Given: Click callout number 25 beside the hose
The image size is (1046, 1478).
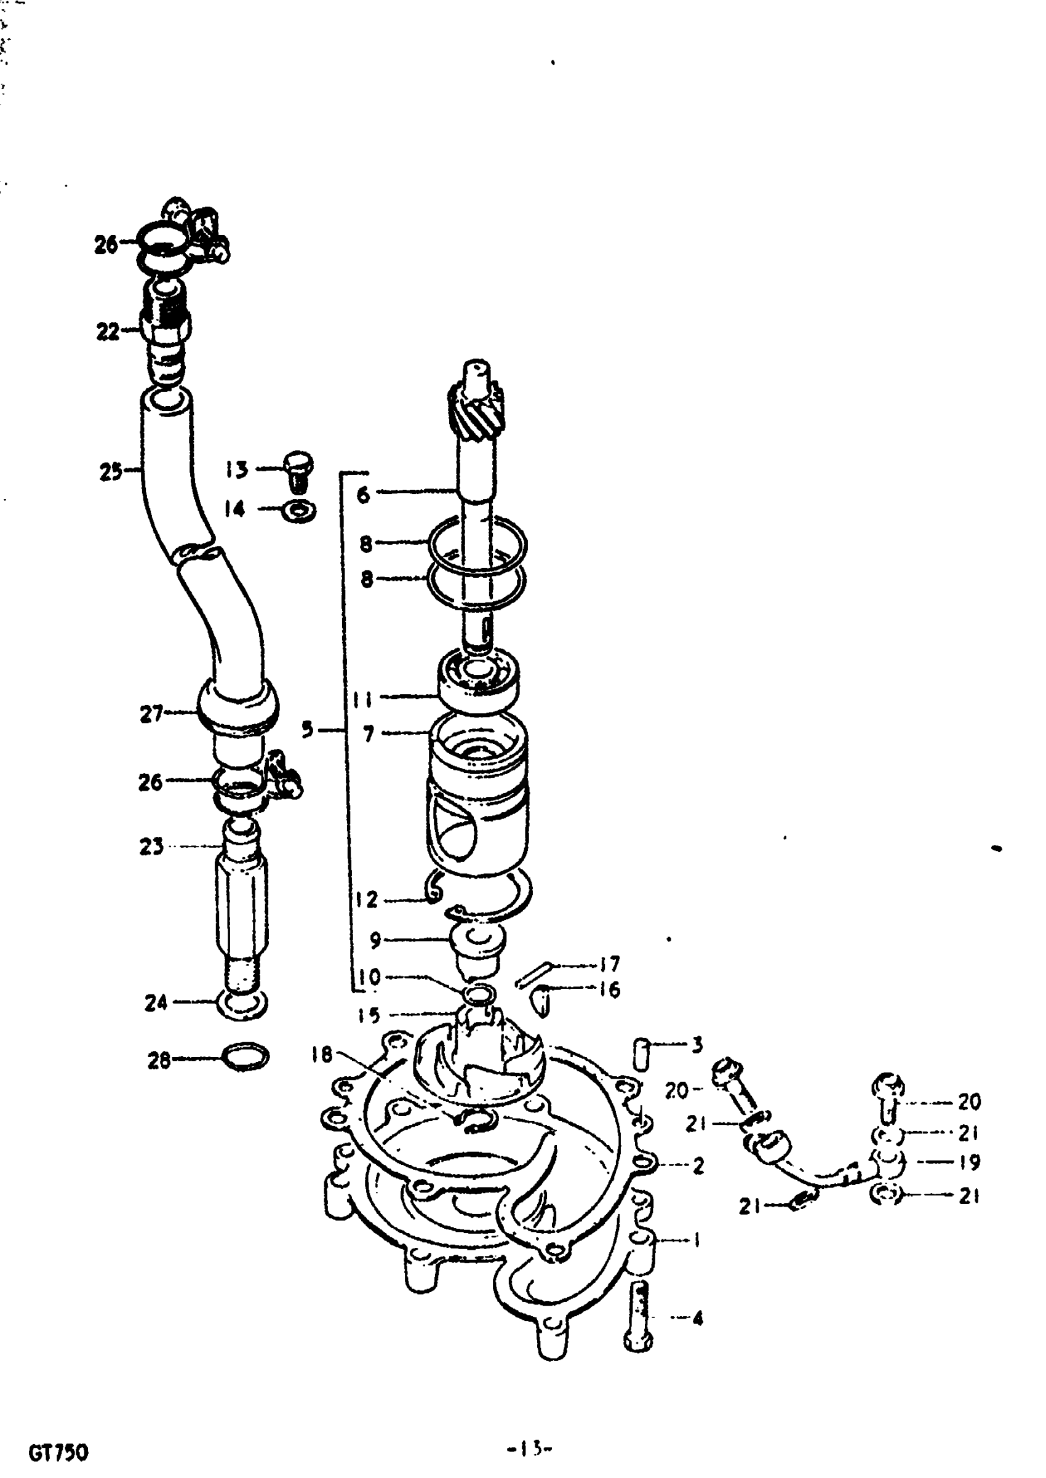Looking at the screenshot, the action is [x=110, y=472].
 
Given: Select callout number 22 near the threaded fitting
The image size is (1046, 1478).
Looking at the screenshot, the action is [x=108, y=332].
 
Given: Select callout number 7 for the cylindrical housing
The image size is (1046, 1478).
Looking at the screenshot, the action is [x=368, y=733].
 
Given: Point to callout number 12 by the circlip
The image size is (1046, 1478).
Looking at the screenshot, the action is [x=366, y=900].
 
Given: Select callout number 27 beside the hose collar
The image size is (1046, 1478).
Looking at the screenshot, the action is [x=151, y=714].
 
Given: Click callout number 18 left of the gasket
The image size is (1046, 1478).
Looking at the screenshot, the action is [x=322, y=1054].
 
